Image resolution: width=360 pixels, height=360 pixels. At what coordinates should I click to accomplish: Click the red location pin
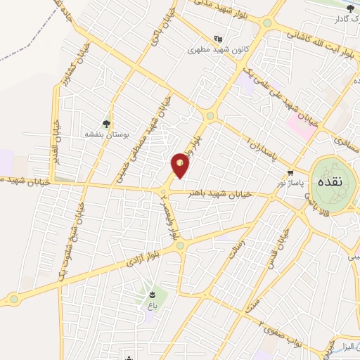(x=181, y=165)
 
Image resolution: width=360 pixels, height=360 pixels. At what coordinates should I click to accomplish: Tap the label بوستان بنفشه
(x=105, y=134)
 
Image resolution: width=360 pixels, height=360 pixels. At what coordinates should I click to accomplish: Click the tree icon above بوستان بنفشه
(x=107, y=123)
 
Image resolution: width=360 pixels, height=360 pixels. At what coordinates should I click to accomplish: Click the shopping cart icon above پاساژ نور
(x=290, y=173)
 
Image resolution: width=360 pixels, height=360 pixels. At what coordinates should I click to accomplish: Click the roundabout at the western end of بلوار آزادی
(x=13, y=300)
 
